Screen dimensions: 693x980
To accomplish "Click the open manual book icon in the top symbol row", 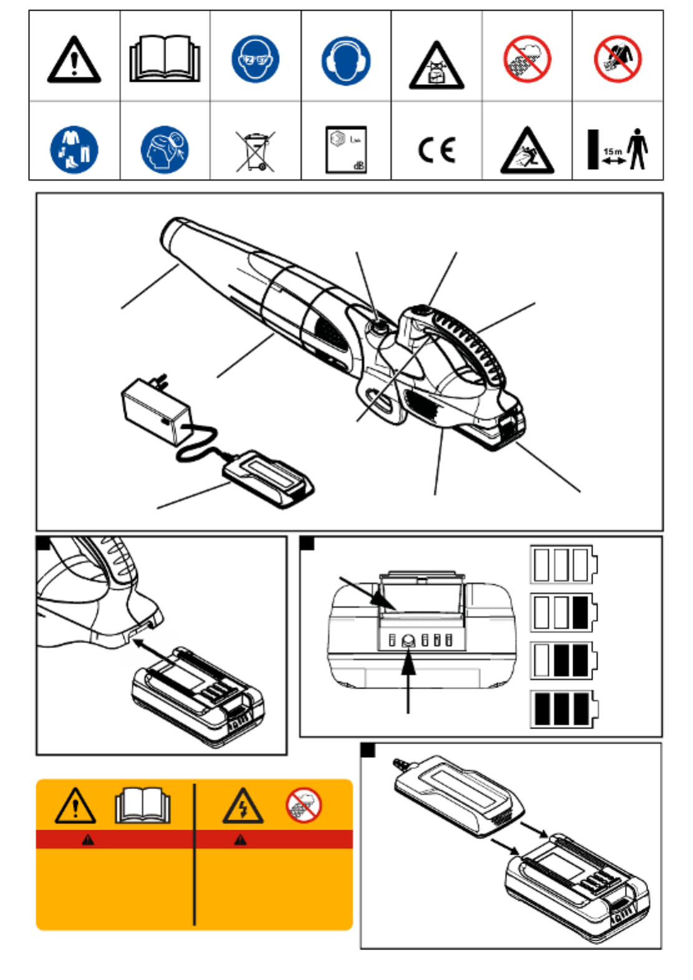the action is click(165, 59).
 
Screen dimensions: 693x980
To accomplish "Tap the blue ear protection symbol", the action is click(346, 60).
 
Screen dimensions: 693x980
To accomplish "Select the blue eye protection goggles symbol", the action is click(255, 59).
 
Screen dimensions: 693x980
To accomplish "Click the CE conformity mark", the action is click(437, 150).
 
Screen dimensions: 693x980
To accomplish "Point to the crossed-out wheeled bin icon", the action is click(255, 150).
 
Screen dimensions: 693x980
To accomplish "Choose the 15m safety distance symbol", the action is click(618, 150).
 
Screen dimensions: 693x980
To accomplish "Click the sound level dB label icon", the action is click(346, 150).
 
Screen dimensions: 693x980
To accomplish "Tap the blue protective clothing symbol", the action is click(74, 150).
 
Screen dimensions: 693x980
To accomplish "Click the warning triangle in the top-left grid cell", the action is click(74, 61).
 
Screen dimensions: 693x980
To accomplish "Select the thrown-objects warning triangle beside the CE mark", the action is click(527, 152).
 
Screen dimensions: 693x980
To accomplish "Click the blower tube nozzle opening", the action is click(170, 233).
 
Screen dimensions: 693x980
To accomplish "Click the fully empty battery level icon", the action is click(563, 564).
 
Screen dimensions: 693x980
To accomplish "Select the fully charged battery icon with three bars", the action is click(563, 709).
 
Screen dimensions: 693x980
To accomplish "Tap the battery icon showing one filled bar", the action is click(563, 612).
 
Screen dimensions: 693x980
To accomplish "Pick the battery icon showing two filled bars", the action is click(563, 661).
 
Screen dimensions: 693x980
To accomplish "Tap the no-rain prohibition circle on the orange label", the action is click(304, 805).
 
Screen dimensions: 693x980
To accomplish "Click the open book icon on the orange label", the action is click(142, 806).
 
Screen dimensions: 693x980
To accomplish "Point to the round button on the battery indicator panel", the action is click(409, 640).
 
